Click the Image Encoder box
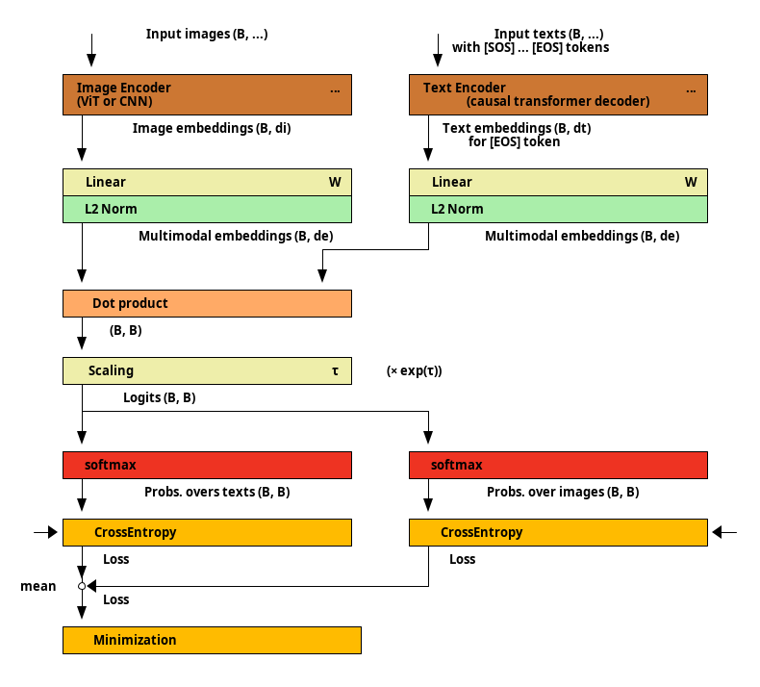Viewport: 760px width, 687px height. click(207, 94)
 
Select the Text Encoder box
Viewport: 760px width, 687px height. click(558, 94)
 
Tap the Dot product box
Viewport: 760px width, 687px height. click(207, 303)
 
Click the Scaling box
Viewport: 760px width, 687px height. click(207, 370)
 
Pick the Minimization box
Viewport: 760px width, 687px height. click(212, 640)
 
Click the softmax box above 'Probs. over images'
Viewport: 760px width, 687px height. click(558, 465)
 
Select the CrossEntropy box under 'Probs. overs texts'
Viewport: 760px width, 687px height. click(207, 532)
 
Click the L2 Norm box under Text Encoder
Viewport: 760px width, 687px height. click(558, 210)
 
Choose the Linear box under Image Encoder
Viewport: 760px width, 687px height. click(207, 182)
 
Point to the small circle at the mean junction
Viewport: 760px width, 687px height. click(82, 586)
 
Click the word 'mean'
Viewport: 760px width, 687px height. click(38, 586)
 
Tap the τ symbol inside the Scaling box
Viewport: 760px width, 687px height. click(335, 370)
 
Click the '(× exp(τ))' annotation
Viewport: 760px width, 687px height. click(415, 370)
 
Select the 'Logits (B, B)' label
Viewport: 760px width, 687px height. click(160, 397)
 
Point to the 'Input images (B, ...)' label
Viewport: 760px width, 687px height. click(207, 34)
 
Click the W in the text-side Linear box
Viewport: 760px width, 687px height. click(691, 182)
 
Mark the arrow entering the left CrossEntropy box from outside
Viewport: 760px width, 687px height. click(45, 532)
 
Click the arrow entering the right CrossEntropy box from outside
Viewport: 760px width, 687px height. click(724, 532)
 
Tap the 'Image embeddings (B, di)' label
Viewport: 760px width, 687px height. click(212, 128)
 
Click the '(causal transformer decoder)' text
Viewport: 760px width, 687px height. click(558, 101)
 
